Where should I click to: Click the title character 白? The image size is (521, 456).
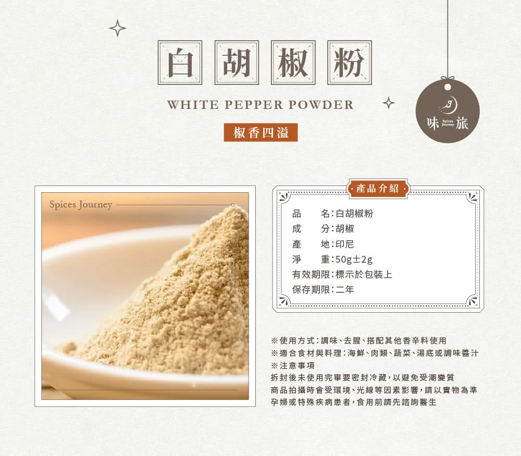[x=180, y=63]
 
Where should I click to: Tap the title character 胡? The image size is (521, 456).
[x=237, y=63]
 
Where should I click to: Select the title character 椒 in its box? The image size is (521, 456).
[x=293, y=63]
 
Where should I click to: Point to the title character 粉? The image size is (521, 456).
[x=349, y=63]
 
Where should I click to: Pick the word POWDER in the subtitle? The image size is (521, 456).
[x=320, y=105]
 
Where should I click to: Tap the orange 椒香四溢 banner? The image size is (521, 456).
[x=261, y=132]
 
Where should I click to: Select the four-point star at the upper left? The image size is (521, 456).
[x=118, y=28]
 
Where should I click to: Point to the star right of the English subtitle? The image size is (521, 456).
[x=389, y=103]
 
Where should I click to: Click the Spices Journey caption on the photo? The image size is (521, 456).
[x=81, y=204]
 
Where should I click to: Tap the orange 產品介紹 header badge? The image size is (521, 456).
[x=377, y=189]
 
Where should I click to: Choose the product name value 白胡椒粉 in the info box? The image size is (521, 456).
[x=354, y=213]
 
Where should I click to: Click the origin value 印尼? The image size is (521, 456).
[x=344, y=244]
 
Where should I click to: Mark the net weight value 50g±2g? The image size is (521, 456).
[x=354, y=259]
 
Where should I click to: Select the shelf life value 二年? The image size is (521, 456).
[x=344, y=289]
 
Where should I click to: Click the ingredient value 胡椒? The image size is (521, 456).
[x=344, y=229]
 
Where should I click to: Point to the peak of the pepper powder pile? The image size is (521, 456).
[x=233, y=206]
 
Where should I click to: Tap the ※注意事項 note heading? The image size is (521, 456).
[x=292, y=365]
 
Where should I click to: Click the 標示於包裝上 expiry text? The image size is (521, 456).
[x=364, y=275]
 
